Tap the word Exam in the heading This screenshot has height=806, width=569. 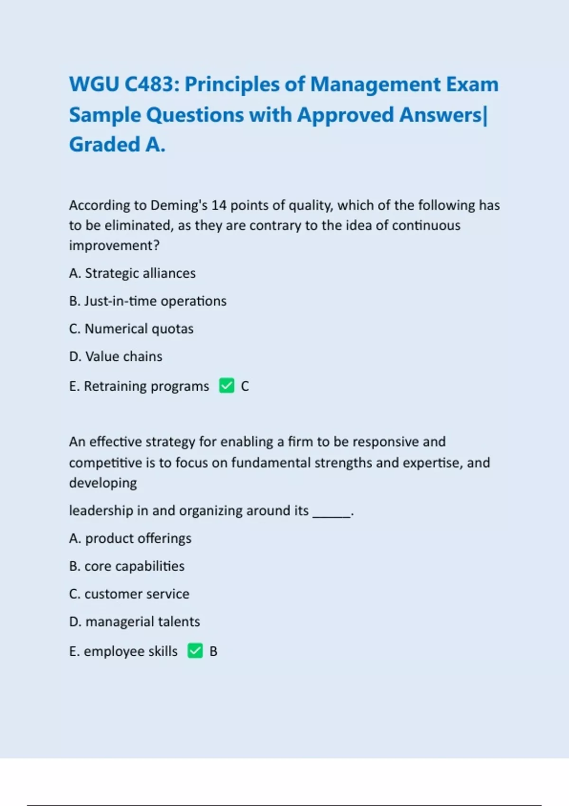coord(472,84)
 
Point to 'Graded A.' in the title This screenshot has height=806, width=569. coord(117,145)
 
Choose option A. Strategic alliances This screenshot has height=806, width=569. coord(132,273)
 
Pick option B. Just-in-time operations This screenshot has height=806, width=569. coord(147,301)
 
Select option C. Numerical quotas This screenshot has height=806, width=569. coord(131,329)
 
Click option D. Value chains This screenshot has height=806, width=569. coord(116,357)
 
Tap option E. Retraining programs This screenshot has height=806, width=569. coord(139,386)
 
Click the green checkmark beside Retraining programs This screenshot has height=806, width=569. coord(227,385)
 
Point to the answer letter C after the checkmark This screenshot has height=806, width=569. coord(245,386)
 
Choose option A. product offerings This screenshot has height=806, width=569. coord(130,539)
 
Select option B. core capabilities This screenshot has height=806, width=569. coord(127,566)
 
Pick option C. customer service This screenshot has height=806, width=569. coord(129,594)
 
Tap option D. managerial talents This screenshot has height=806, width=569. coord(135,622)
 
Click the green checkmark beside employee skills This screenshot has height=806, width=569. coord(195,651)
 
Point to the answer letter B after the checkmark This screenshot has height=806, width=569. coord(213,651)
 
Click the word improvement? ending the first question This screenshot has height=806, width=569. coord(114,246)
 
